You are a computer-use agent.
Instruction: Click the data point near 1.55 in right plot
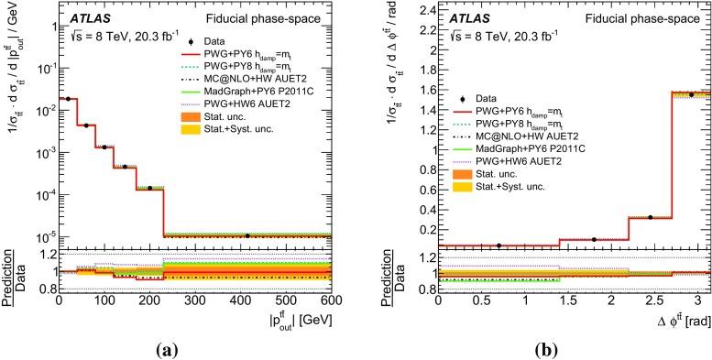click(x=691, y=94)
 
